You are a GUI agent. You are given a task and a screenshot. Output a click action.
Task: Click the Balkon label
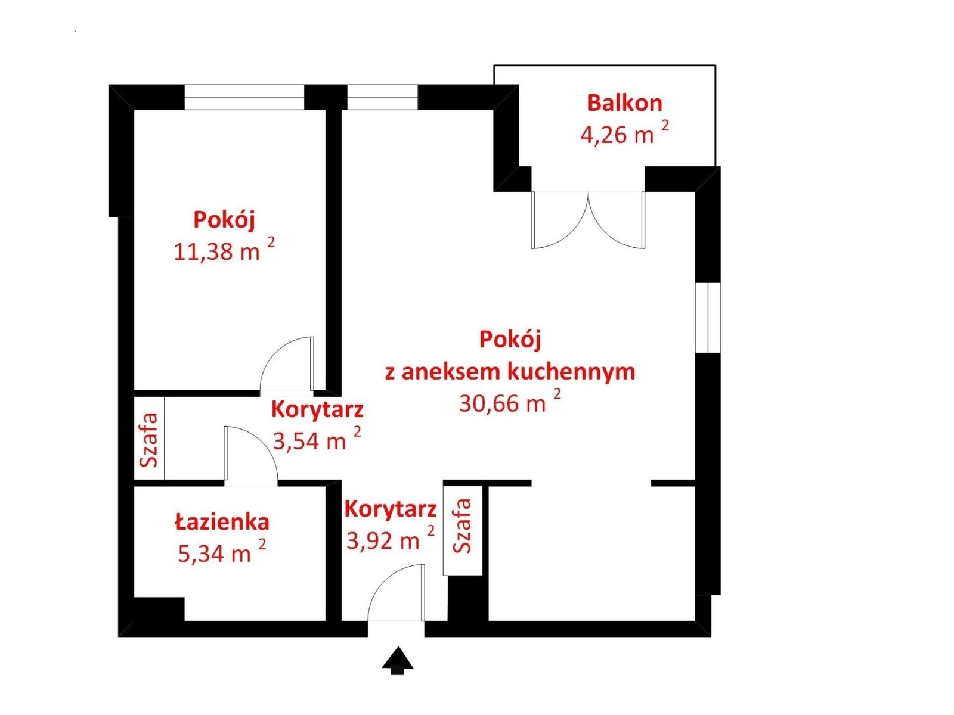[624, 103]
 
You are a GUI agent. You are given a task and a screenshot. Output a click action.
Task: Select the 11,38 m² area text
[224, 250]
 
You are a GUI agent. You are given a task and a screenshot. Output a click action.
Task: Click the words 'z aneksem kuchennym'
[510, 372]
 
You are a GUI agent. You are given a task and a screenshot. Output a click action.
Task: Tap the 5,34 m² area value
[222, 551]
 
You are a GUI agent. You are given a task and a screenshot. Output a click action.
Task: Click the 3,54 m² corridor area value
[317, 439]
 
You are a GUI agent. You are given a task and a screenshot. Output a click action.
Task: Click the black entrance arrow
[397, 660]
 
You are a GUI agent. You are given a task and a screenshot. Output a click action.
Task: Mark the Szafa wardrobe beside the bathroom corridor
[149, 439]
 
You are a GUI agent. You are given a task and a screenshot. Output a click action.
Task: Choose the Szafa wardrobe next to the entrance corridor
[463, 530]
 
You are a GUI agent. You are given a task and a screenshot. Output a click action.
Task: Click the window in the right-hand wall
[708, 318]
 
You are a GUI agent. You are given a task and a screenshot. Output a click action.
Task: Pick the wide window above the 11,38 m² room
[244, 97]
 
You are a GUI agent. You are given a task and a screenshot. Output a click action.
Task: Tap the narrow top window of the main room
[382, 97]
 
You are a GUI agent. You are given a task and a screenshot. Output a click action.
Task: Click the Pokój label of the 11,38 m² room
[224, 220]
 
